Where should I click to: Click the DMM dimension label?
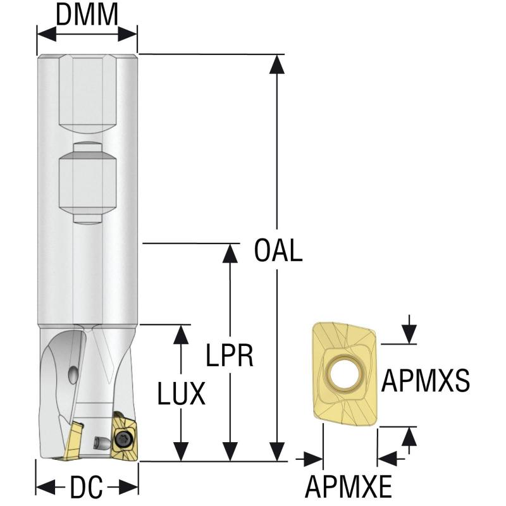click(x=87, y=15)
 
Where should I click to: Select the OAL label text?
click(x=278, y=250)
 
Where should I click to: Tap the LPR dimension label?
click(x=230, y=355)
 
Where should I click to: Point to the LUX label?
click(x=181, y=395)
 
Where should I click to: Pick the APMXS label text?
click(x=425, y=381)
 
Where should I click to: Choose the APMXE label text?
click(x=349, y=487)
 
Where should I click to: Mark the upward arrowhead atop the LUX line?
click(x=182, y=335)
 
